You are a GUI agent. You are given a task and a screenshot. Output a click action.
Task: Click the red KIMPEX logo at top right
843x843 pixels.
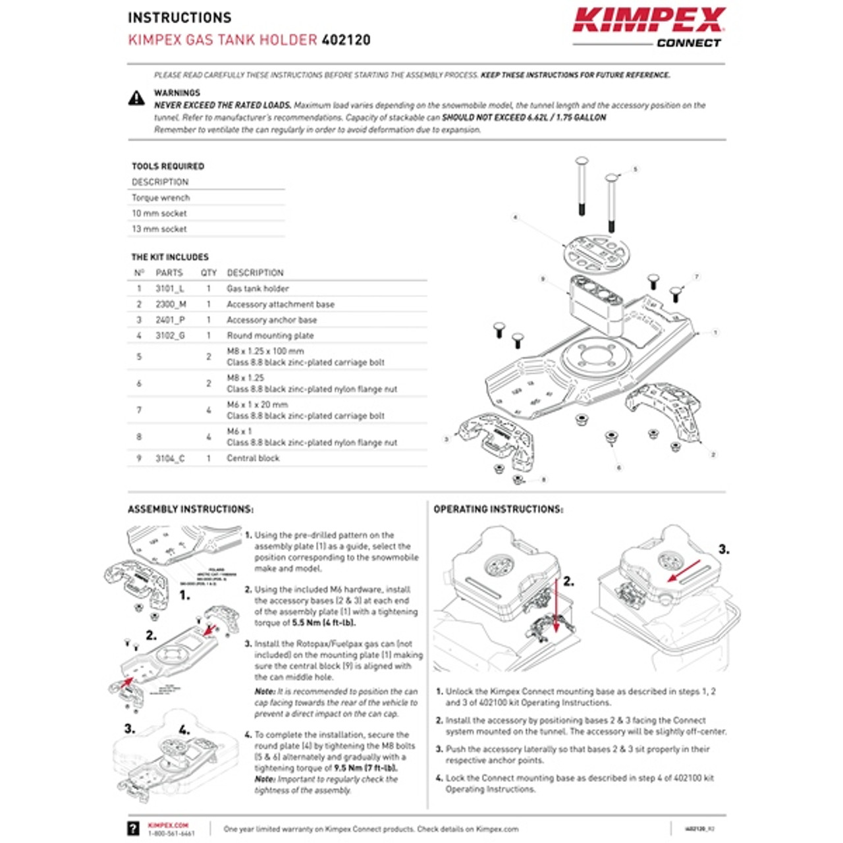point(649,20)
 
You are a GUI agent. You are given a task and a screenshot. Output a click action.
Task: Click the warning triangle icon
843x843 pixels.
point(136,99)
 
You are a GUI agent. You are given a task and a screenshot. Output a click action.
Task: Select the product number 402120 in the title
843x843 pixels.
point(346,40)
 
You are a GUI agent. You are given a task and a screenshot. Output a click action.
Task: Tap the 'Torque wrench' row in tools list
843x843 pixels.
point(161,198)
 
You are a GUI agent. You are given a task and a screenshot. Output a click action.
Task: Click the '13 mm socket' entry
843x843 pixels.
point(159,229)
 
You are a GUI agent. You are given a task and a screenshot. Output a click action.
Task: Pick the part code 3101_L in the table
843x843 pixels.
point(170,288)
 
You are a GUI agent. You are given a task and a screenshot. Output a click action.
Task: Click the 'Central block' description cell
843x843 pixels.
point(253,458)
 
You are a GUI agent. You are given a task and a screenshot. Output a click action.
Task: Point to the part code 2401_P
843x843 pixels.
point(170,320)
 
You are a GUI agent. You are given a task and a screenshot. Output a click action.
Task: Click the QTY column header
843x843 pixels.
point(209,273)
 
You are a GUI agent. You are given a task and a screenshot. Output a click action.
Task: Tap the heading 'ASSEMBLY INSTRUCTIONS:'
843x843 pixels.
point(190,509)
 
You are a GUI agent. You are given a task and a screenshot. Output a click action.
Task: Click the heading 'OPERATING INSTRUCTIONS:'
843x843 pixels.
point(498,509)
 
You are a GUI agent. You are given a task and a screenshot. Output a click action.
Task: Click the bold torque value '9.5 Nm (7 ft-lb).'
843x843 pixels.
point(365,768)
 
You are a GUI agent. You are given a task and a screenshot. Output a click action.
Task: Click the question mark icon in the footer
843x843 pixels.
point(134,829)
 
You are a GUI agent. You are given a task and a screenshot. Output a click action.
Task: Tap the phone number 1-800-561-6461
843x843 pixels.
point(171,834)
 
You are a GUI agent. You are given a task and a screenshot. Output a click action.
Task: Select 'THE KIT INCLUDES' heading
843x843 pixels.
point(170,257)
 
